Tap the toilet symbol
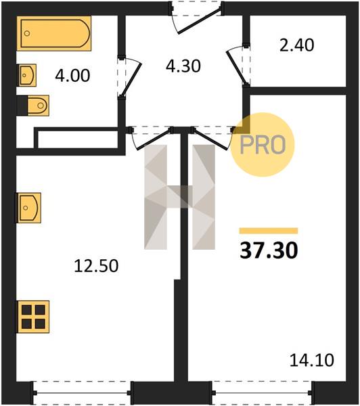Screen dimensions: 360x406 click(38, 106)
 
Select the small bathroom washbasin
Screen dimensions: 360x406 click(26, 75)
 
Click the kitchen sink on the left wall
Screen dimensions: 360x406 click(28, 208)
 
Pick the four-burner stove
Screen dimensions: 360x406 click(33, 317)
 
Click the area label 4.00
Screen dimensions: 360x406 click(72, 76)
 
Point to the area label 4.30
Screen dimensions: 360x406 click(183, 66)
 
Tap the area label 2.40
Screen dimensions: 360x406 click(297, 45)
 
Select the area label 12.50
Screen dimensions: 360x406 click(96, 266)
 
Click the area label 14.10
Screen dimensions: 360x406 click(311, 360)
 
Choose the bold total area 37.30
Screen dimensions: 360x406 click(269, 250)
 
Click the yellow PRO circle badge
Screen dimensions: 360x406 click(263, 145)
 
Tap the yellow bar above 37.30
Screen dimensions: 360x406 click(269, 231)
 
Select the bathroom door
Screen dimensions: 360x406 click(129, 77)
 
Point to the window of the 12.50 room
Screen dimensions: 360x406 click(82, 392)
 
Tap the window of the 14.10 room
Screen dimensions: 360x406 click(262, 392)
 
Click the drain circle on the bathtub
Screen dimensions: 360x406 click(27, 33)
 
